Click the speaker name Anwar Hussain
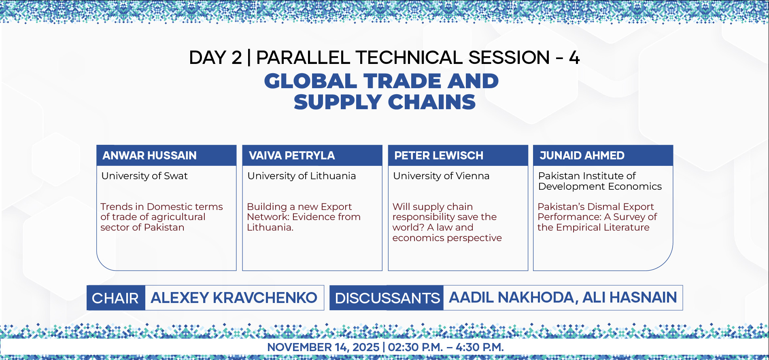click(149, 156)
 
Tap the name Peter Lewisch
click(439, 156)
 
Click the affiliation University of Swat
click(144, 176)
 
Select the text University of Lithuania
click(302, 176)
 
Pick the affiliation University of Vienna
click(441, 176)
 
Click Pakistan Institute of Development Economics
click(600, 181)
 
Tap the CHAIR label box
click(116, 298)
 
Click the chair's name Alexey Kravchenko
click(234, 298)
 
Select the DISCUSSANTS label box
click(387, 298)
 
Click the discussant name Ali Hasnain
click(629, 298)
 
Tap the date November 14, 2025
click(323, 347)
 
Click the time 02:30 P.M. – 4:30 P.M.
click(446, 347)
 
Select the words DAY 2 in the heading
click(215, 57)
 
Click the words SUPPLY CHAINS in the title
click(384, 102)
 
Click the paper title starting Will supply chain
click(447, 222)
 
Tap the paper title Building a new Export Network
click(304, 217)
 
